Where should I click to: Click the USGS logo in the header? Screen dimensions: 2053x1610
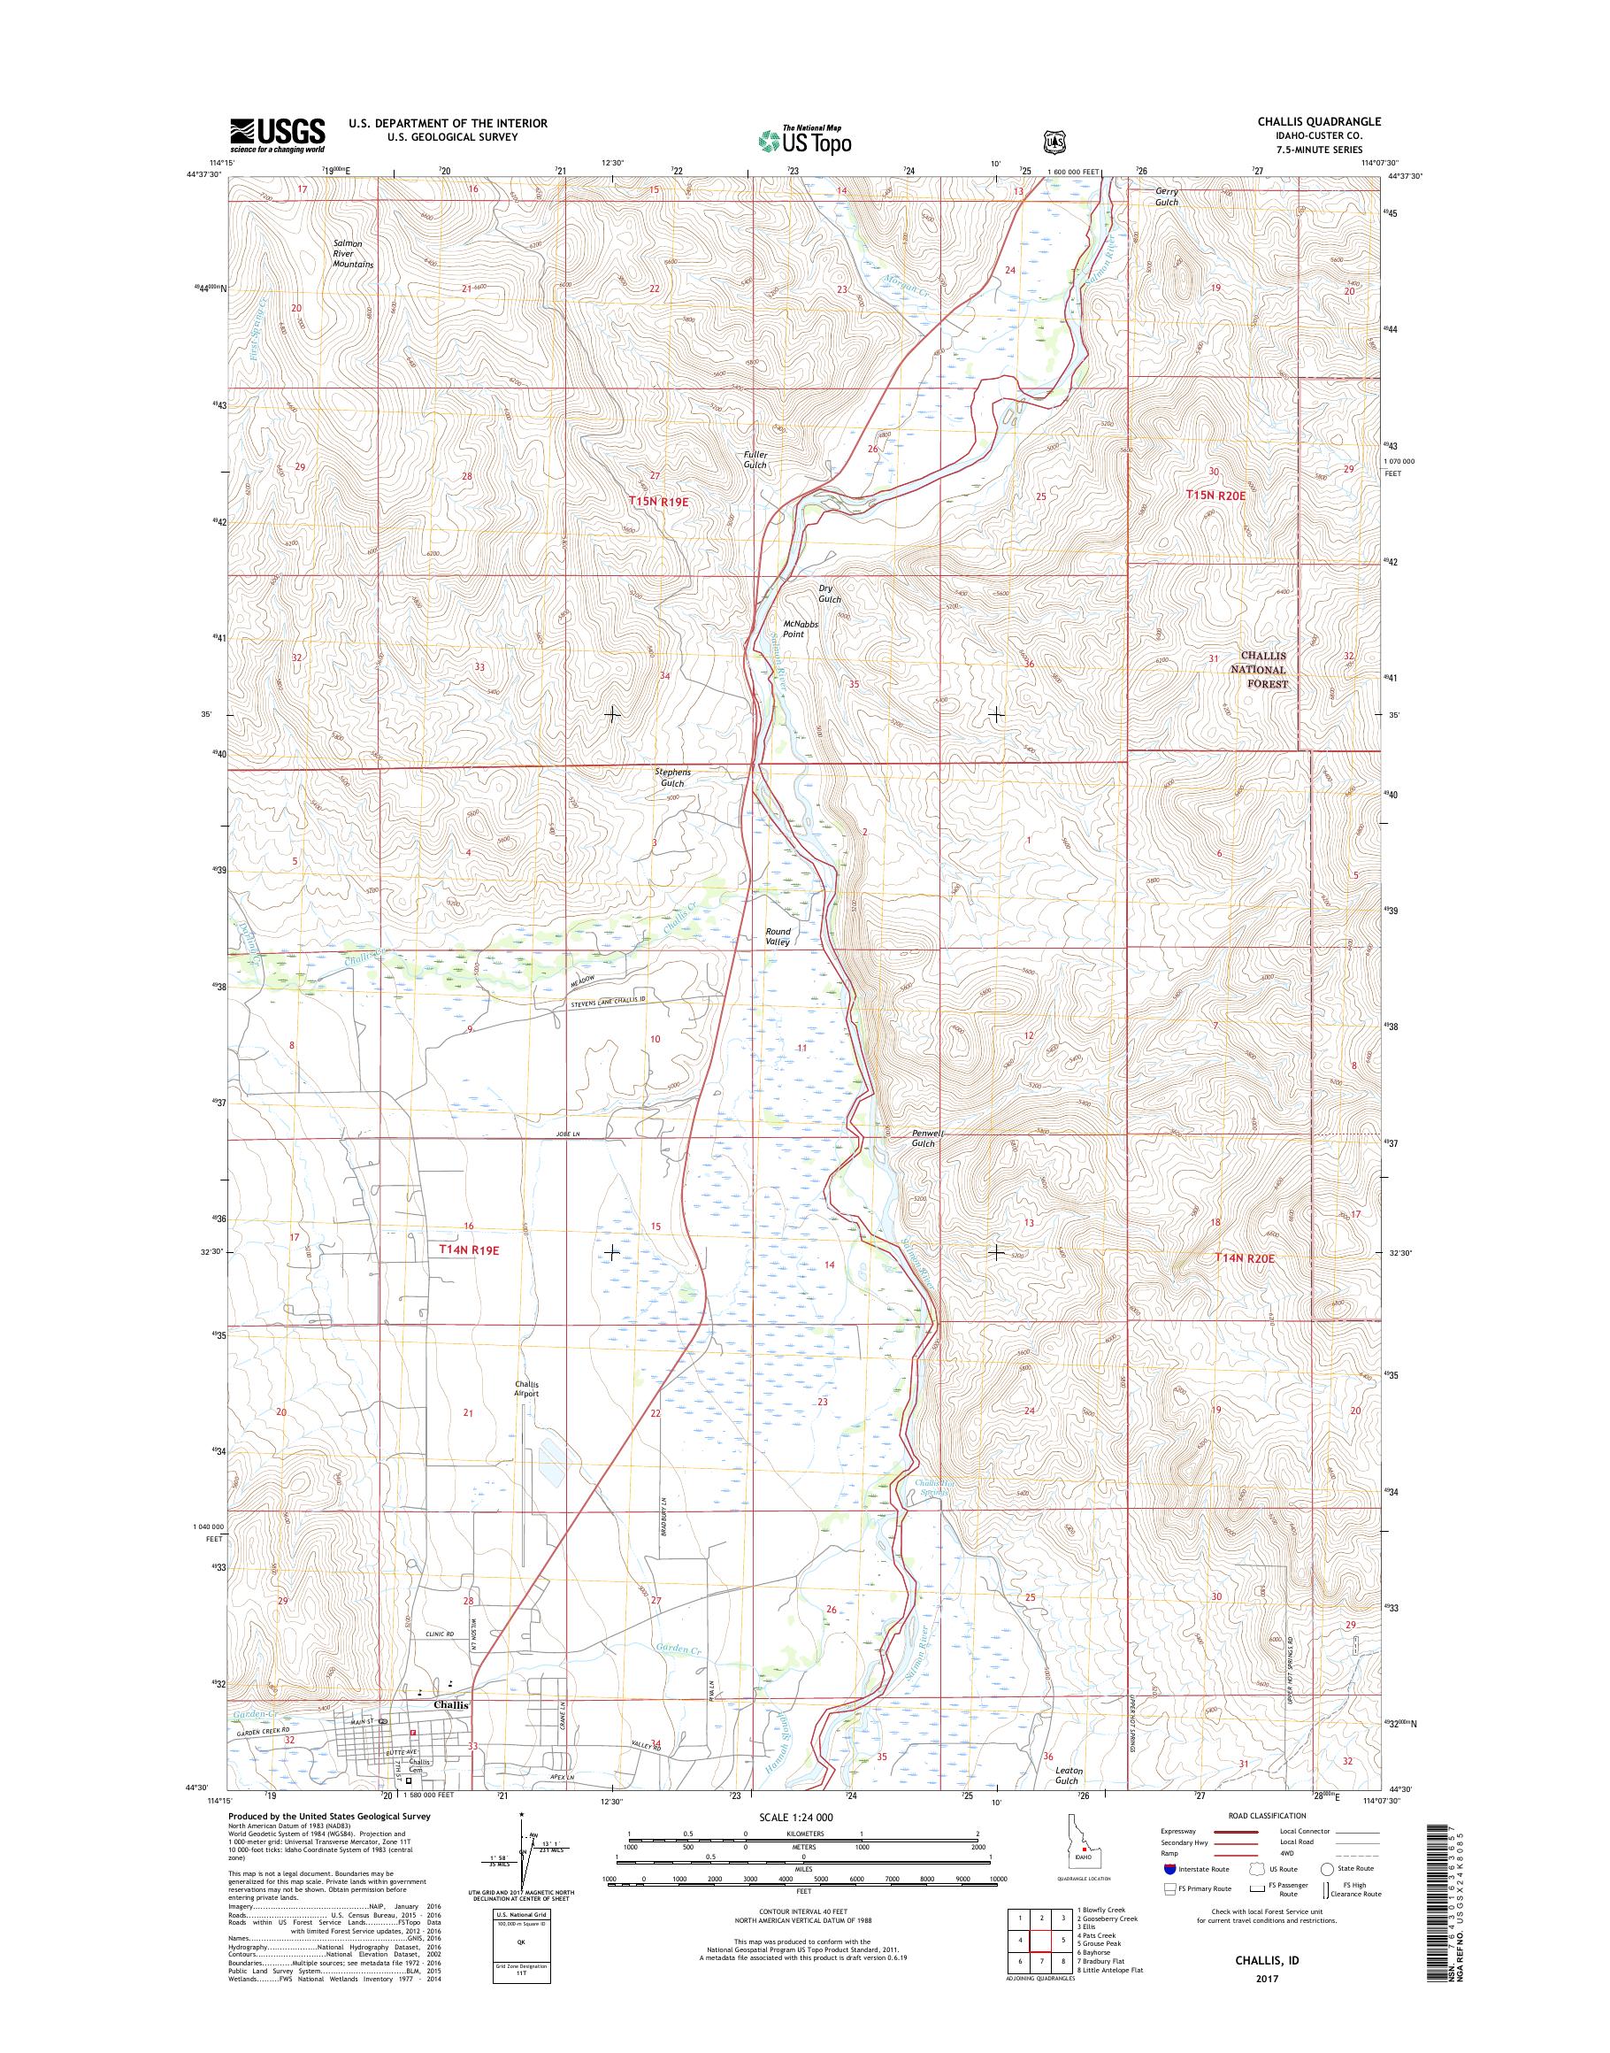pyautogui.click(x=277, y=135)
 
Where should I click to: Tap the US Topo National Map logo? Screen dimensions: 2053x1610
pyautogui.click(x=805, y=140)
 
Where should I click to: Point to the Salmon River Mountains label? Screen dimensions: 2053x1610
pyautogui.click(x=354, y=255)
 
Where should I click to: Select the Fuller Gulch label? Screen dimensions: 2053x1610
pyautogui.click(x=755, y=459)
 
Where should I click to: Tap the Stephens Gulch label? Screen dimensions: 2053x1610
pyautogui.click(x=673, y=777)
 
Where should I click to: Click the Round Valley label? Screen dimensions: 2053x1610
pyautogui.click(x=778, y=936)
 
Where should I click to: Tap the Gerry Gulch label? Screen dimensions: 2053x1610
pyautogui.click(x=1167, y=196)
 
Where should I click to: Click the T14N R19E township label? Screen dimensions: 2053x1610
pyautogui.click(x=469, y=1249)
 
